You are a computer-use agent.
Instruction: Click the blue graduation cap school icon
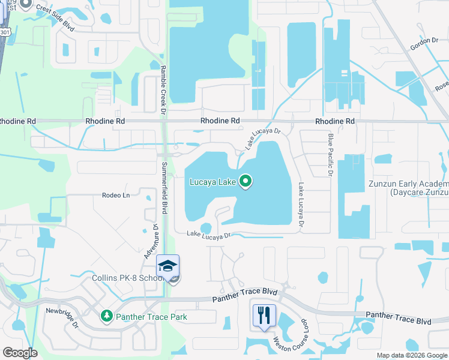(168, 266)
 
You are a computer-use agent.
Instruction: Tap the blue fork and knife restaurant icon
(264, 314)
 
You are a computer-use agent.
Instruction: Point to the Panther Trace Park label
(151, 317)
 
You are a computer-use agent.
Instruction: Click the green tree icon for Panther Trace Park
(107, 316)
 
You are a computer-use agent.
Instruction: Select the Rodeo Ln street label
(116, 196)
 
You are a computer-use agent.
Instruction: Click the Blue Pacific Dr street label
(330, 155)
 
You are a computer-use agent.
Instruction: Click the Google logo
(20, 353)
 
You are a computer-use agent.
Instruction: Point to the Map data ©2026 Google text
(411, 355)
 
